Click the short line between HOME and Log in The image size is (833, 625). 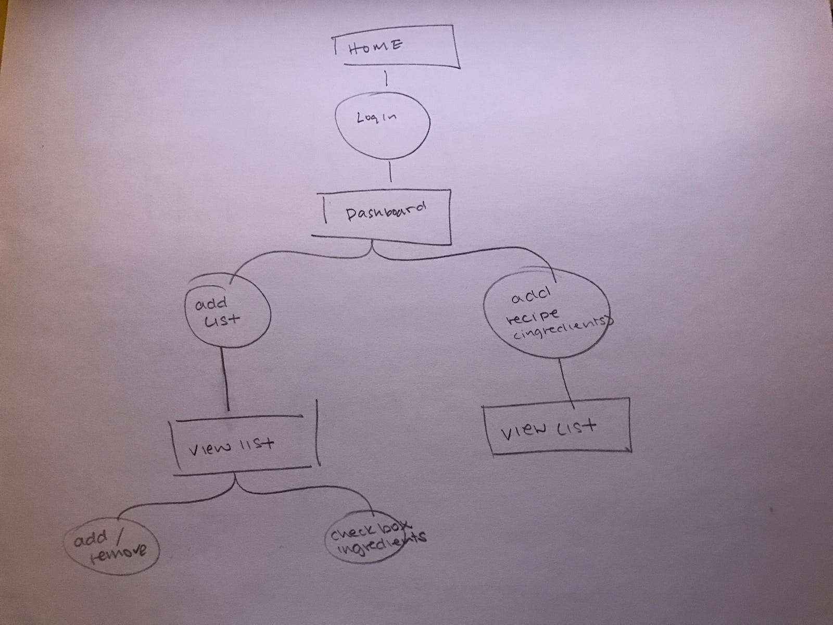[386, 79]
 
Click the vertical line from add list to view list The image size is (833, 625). [226, 380]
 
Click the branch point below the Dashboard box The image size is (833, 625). [373, 252]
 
